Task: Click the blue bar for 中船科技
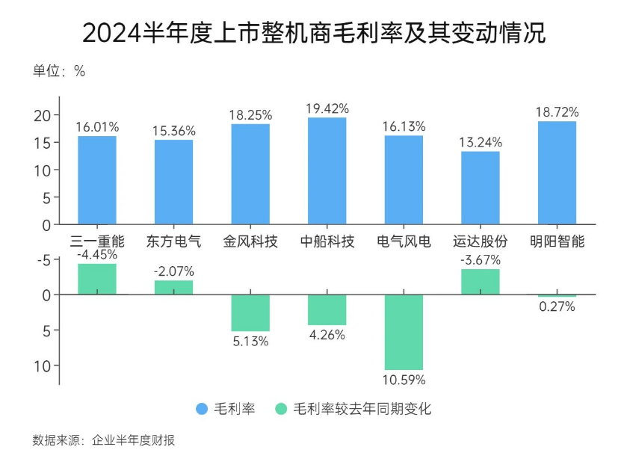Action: click(x=327, y=170)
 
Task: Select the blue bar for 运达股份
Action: click(x=480, y=188)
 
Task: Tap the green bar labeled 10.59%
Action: click(x=404, y=332)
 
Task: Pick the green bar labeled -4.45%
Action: click(x=97, y=279)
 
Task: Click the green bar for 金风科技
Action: click(x=250, y=312)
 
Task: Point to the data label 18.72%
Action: click(x=557, y=112)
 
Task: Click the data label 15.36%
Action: click(x=173, y=130)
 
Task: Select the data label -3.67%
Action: click(x=480, y=260)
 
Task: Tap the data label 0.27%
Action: click(x=557, y=306)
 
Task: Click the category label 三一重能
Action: click(x=97, y=241)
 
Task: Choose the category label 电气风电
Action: click(x=404, y=241)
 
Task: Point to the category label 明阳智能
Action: click(x=557, y=241)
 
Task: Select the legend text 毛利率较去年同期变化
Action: click(x=362, y=409)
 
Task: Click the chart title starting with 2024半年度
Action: click(x=314, y=34)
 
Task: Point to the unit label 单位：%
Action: click(x=59, y=72)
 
